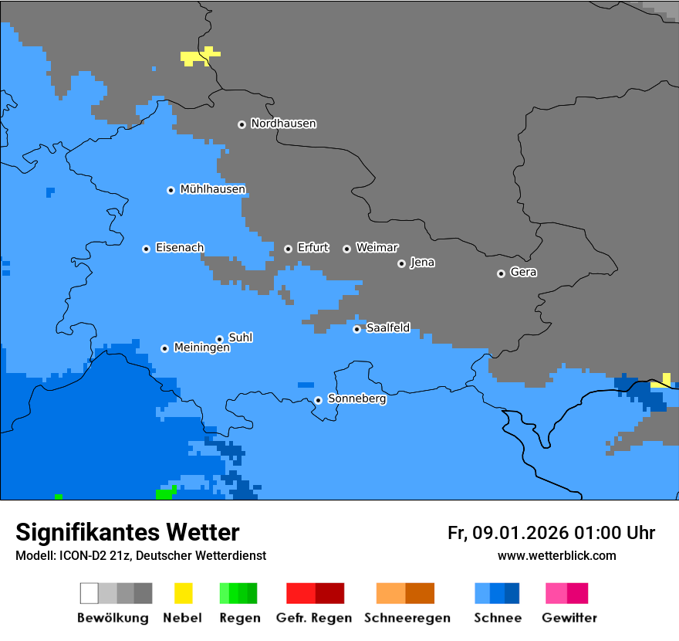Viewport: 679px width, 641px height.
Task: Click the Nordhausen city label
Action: [283, 124]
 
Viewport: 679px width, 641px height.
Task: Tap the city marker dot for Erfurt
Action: [288, 249]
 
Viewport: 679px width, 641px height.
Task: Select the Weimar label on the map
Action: [377, 248]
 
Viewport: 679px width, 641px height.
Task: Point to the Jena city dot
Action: [401, 263]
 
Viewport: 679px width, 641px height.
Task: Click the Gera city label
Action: [523, 273]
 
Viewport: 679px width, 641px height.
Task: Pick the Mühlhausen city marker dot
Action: [171, 190]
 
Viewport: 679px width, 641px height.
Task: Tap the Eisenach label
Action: [180, 248]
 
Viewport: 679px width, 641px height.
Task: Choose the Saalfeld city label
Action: [387, 328]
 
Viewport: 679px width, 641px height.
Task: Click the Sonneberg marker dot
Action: [318, 400]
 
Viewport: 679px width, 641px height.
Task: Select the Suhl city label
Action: [241, 337]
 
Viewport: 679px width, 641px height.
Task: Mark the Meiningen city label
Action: [201, 348]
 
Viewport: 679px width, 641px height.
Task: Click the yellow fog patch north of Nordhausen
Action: [198, 57]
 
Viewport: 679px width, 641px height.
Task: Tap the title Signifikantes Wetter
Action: [127, 533]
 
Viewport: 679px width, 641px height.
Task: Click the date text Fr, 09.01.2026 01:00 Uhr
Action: [551, 533]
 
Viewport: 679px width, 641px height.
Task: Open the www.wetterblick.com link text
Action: [556, 556]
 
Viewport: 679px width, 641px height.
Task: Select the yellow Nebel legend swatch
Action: [183, 593]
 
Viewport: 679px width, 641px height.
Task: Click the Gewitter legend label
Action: [569, 618]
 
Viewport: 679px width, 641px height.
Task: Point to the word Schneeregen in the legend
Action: [407, 618]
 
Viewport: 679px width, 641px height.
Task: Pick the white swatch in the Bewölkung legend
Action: [90, 593]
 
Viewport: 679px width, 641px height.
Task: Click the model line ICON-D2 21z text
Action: [140, 556]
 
